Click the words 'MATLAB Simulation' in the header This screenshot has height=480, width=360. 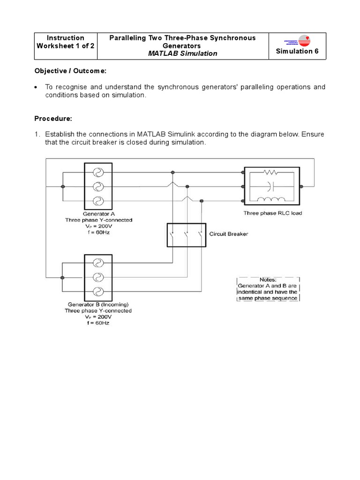[182, 53]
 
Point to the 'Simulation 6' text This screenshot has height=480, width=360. [298, 51]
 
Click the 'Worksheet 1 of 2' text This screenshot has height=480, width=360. [66, 46]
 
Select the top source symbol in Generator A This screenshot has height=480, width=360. [97, 172]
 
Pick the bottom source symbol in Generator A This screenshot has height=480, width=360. [97, 201]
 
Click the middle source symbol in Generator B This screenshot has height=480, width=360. [97, 277]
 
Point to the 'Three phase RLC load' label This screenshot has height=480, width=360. [272, 213]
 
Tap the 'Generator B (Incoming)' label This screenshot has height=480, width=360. [98, 304]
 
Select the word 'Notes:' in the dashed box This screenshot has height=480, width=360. [268, 279]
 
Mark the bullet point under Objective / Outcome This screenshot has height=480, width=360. [37, 87]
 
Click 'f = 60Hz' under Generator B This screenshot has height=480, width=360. [98, 323]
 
